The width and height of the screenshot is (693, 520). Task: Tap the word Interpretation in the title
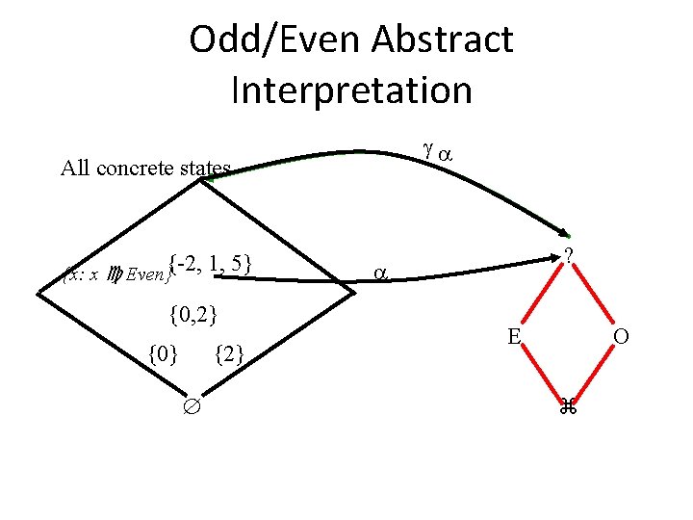pyautogui.click(x=351, y=91)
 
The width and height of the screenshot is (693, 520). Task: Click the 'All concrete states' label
pyautogui.click(x=145, y=169)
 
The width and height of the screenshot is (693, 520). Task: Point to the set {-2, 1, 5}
pyautogui.click(x=209, y=261)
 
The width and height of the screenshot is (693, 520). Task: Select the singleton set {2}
pyautogui.click(x=228, y=356)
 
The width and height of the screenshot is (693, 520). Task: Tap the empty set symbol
pyautogui.click(x=191, y=404)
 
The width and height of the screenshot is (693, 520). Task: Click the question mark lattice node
pyautogui.click(x=570, y=256)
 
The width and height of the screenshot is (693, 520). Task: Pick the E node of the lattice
pyautogui.click(x=515, y=336)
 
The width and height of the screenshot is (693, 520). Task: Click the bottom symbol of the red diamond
pyautogui.click(x=569, y=405)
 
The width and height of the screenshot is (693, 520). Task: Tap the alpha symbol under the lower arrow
pyautogui.click(x=378, y=273)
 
